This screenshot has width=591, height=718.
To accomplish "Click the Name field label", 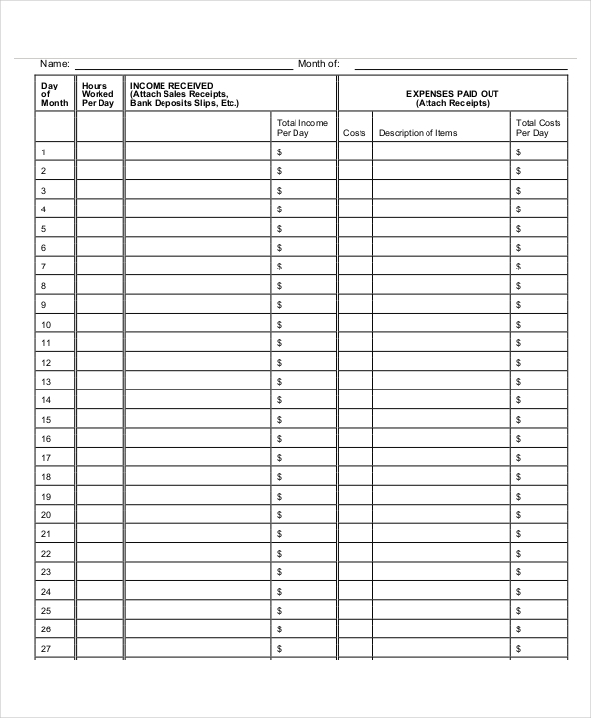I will (54, 64).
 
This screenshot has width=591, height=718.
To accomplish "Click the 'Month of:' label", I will (318, 64).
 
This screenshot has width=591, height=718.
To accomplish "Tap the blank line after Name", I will (182, 66).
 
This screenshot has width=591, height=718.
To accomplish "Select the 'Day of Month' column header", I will (54, 94).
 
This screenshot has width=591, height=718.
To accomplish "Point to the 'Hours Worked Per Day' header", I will (98, 94).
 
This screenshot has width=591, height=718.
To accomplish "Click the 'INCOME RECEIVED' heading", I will (171, 86).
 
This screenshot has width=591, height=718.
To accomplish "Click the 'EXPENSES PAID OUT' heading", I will (452, 94).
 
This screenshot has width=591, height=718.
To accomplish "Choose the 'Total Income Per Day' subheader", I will (302, 128).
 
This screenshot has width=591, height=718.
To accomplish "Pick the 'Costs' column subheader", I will (355, 133).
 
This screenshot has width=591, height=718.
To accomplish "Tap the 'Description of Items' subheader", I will (418, 133).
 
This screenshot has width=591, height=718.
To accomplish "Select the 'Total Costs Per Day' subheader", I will (538, 128).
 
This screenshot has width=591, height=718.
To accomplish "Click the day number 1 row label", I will (42, 152).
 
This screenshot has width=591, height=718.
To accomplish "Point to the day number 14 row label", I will (45, 400).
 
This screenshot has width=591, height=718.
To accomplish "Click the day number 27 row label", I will (45, 649).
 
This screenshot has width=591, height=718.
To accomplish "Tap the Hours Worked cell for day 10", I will (99, 324).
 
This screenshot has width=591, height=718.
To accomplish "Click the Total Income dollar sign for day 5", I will (280, 229).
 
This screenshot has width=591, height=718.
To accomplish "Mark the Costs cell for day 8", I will (355, 286).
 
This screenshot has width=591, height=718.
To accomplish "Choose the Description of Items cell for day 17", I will (441, 458).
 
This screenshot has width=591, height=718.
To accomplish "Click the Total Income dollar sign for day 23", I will (280, 572).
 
